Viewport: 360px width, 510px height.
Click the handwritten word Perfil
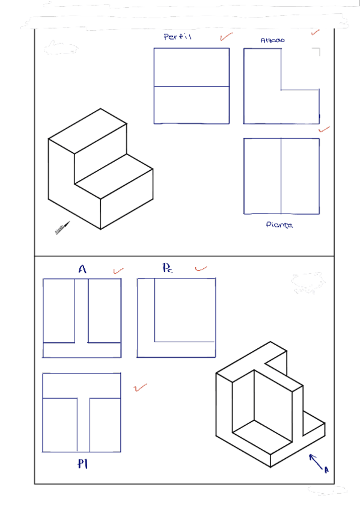177,37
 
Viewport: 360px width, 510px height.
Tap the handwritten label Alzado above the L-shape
273,40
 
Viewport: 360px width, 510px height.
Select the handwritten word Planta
279,225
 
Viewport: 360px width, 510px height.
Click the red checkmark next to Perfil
226,37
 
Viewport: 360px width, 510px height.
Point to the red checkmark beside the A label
118,271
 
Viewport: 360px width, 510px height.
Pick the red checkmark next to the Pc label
201,268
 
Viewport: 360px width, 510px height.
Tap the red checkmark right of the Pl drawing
141,388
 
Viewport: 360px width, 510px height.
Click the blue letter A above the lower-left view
82,270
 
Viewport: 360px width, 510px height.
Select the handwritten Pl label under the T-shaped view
83,464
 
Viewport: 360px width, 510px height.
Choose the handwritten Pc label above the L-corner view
167,268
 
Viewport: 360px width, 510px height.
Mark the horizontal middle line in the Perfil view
191,87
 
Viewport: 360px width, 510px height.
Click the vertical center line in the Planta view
281,176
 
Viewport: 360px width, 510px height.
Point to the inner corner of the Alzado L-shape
281,90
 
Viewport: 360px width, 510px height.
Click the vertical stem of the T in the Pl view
84,425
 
